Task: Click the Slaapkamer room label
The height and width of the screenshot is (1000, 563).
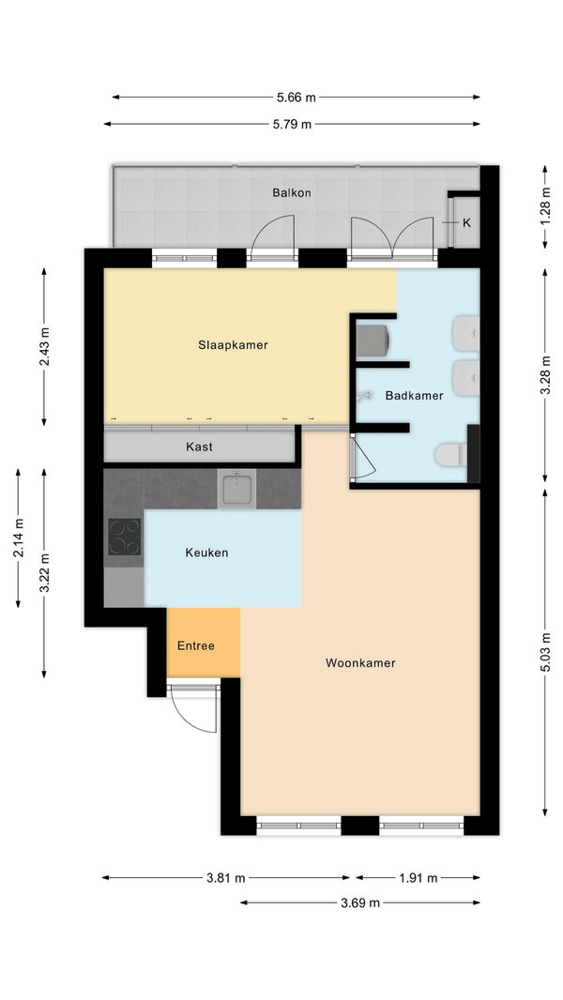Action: coord(233,345)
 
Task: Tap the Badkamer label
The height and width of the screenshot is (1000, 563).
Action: coord(414,396)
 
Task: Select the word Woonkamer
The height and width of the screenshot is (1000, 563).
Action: coord(360,662)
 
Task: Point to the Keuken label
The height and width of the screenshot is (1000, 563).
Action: coord(206,553)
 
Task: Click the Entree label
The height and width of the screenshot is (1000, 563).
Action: coord(196,645)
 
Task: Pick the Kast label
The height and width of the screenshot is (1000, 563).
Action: coord(200,447)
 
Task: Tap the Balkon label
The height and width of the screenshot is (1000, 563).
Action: coord(292,192)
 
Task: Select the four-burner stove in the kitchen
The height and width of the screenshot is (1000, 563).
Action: coord(125,537)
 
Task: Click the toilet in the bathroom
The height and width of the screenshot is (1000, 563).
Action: coord(451,455)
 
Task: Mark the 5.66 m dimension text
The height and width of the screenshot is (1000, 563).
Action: coord(296,98)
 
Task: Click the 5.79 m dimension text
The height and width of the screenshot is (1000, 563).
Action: coord(292,125)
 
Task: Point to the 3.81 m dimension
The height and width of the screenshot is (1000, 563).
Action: coord(226,877)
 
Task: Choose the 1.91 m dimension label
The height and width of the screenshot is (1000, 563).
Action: coord(418,877)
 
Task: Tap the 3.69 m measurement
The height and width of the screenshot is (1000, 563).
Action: coord(360,902)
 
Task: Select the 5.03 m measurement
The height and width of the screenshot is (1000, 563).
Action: coord(545,651)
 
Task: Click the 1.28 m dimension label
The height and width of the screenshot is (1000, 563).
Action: coord(545,206)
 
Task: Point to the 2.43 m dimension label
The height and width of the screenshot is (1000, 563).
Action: coord(44,346)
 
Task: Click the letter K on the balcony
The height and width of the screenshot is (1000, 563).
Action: coord(466,222)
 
